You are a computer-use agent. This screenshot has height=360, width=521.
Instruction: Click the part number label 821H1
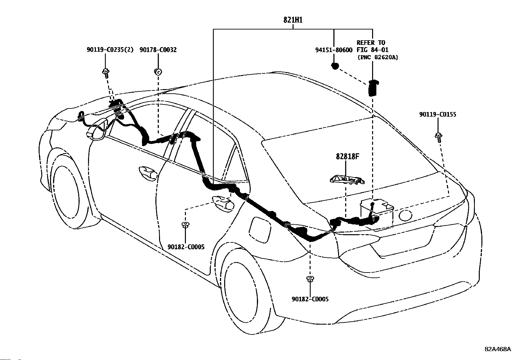(293, 20)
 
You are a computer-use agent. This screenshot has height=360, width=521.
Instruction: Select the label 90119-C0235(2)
(110, 49)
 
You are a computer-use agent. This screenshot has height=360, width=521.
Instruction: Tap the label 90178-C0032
(158, 49)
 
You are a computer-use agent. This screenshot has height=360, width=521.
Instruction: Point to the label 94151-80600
(334, 50)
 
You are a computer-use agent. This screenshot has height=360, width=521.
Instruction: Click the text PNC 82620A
(378, 57)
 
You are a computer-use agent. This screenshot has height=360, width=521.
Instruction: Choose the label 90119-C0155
(438, 114)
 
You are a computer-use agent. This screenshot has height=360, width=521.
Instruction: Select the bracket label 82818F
(348, 157)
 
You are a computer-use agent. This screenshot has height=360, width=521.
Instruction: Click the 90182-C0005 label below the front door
(186, 247)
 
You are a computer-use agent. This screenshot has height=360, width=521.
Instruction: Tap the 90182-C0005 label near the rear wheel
(310, 299)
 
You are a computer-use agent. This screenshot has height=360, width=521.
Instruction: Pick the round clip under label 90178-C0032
(158, 72)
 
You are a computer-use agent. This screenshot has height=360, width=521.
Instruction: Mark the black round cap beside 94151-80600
(335, 66)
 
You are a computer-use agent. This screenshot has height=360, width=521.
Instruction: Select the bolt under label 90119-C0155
(439, 137)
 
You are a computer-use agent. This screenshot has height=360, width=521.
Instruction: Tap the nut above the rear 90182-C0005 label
(310, 279)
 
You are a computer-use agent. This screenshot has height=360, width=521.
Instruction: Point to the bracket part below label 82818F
(347, 180)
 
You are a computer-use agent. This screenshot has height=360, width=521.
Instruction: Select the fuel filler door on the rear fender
(260, 229)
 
